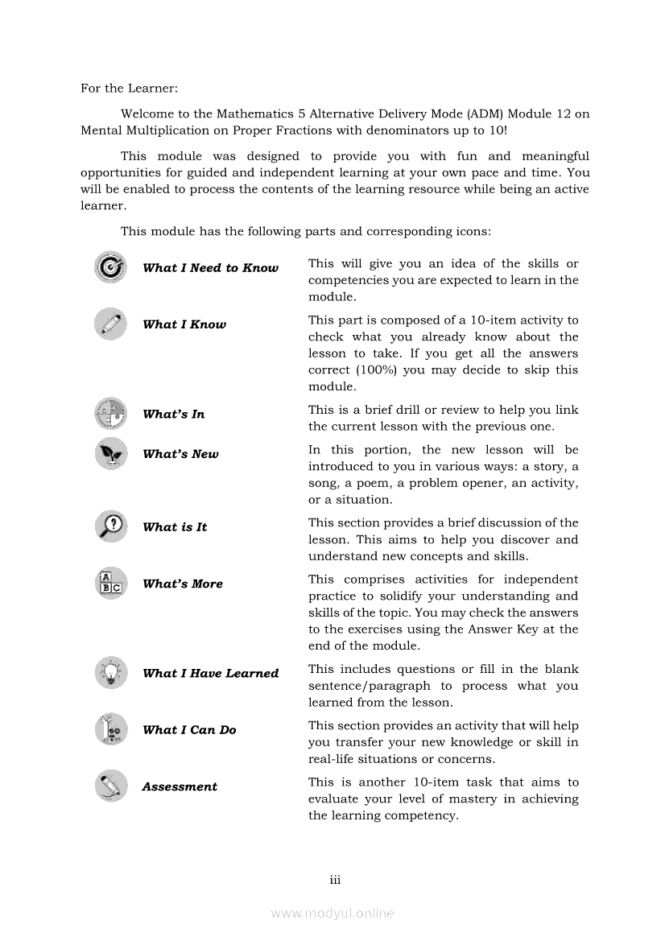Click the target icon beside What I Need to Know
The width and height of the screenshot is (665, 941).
pos(110,267)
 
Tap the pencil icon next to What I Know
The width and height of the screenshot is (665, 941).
pos(110,324)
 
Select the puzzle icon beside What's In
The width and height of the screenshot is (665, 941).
pos(110,414)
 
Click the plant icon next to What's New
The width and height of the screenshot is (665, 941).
pos(110,454)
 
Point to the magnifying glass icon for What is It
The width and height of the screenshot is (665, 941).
pos(110,526)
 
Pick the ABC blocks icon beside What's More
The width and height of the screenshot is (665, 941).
pos(110,583)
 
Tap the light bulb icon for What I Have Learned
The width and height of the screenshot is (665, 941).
pos(110,673)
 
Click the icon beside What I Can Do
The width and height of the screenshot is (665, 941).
pos(110,729)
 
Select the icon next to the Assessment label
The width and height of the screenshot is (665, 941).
pos(110,786)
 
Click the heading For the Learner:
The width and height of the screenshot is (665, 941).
pos(129,89)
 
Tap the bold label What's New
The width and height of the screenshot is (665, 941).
pos(180,454)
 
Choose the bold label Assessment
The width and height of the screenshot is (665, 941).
pos(180,786)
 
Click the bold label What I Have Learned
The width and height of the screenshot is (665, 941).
pos(210,673)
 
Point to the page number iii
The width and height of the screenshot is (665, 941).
pos(335,880)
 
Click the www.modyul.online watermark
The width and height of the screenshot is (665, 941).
pos(332,913)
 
